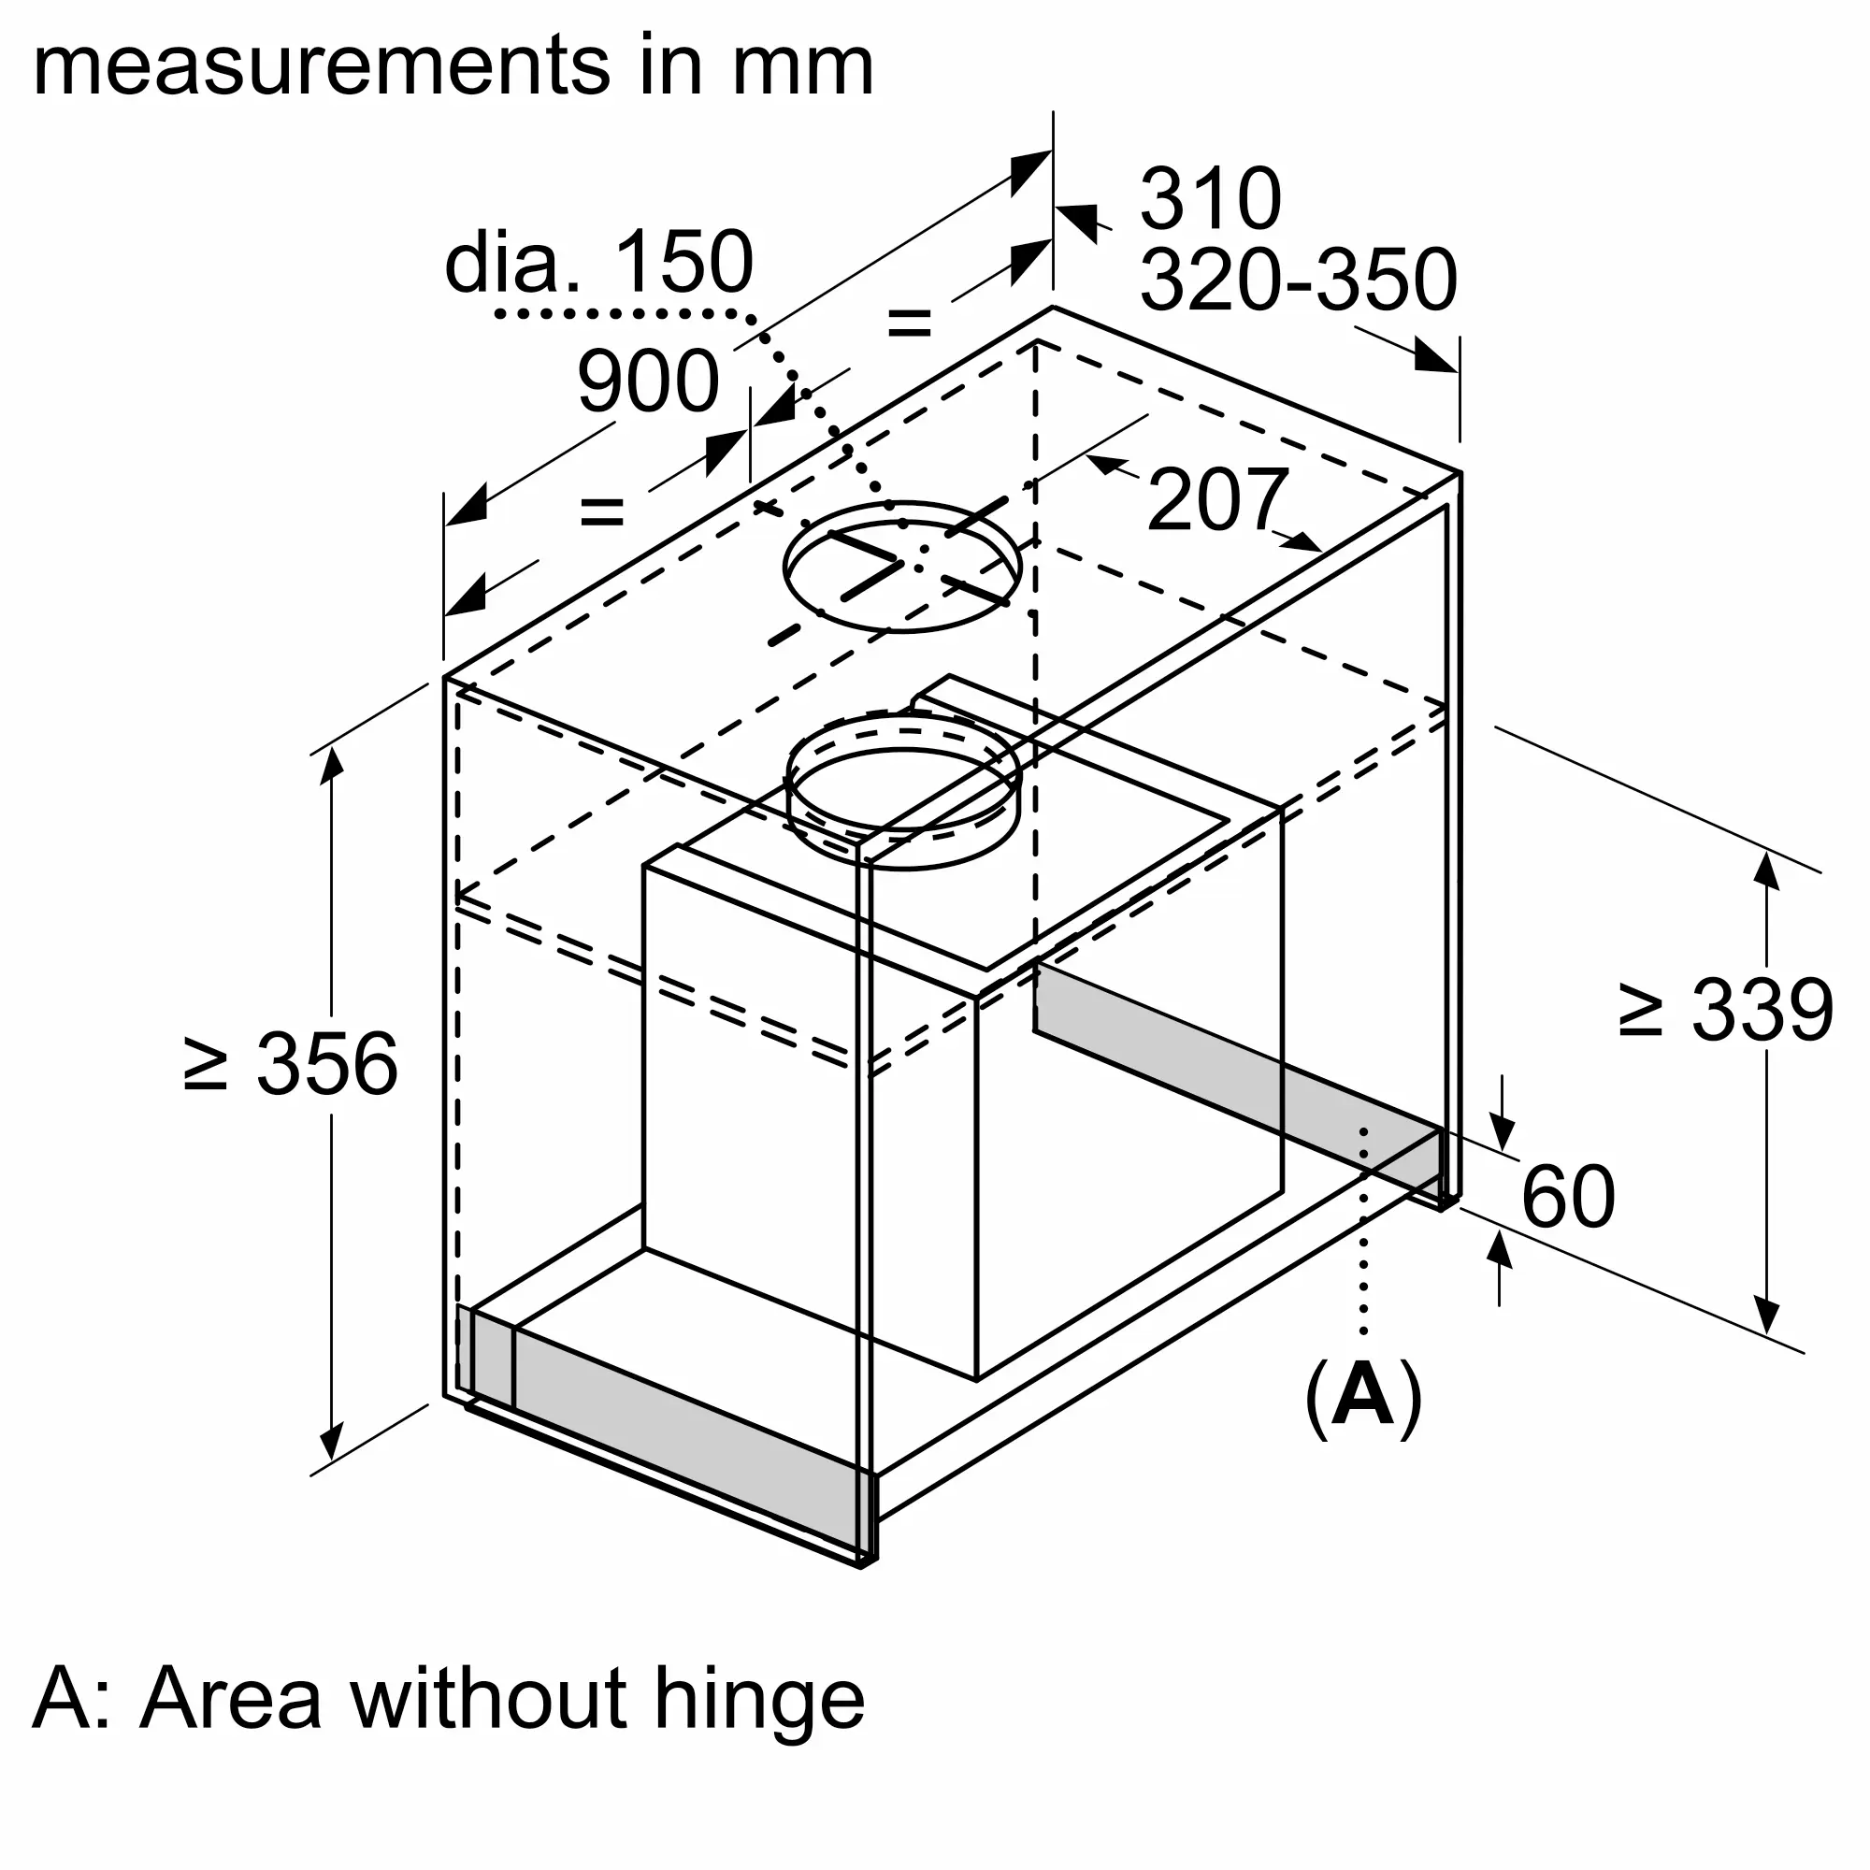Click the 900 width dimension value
point(649,381)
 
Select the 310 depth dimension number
point(1210,198)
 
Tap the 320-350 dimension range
point(1298,279)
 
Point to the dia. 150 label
point(598,262)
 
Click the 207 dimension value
point(1217,498)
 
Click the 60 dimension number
point(1568,1197)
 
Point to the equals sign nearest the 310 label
point(909,322)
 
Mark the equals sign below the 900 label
point(601,511)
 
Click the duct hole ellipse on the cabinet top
point(901,568)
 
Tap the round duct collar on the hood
point(903,790)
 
